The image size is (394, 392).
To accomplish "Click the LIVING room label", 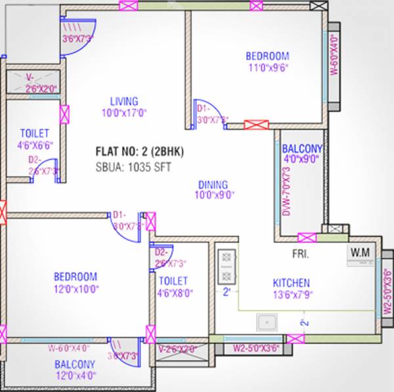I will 123,102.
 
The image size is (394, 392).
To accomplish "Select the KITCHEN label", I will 291,282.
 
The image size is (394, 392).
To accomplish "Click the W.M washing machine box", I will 359,253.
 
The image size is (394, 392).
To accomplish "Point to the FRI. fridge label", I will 301,253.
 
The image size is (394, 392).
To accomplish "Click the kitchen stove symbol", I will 226,266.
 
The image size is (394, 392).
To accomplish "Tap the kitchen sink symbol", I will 267,322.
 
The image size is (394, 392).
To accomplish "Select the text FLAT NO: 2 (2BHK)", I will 139,152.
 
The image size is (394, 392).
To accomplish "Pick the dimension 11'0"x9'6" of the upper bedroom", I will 268,68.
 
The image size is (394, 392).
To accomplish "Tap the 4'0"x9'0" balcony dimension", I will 301,159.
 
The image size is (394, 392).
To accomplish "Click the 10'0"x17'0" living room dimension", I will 124,113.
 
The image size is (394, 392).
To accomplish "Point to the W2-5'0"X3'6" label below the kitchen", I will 252,349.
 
